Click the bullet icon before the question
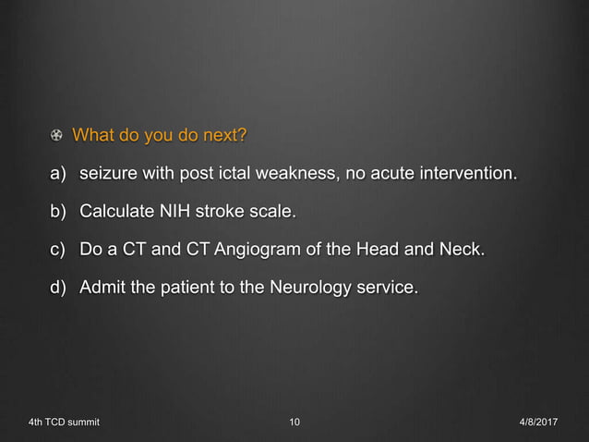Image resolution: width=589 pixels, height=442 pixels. coord(57,138)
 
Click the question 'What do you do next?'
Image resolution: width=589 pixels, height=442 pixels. coord(159,137)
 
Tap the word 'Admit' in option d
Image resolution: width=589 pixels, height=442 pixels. coord(103,289)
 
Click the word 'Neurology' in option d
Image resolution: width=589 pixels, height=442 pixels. coord(309,289)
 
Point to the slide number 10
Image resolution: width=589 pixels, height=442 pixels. coord(294,423)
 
